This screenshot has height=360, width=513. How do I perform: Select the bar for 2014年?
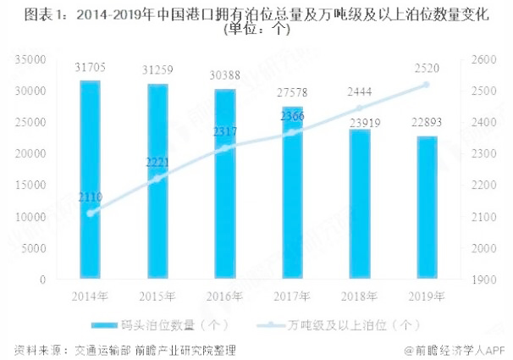[x=90, y=180]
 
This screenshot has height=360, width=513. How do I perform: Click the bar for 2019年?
[x=427, y=207]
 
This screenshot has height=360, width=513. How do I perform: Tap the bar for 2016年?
[x=224, y=184]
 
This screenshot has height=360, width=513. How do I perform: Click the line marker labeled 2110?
[x=91, y=213]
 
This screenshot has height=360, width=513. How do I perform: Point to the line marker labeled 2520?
[x=427, y=85]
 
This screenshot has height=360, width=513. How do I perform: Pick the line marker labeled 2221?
[x=157, y=179]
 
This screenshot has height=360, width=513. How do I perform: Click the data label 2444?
[x=359, y=91]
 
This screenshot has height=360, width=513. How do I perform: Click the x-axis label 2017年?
[x=292, y=296]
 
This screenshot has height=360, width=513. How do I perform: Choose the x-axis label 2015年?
[x=157, y=296]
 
